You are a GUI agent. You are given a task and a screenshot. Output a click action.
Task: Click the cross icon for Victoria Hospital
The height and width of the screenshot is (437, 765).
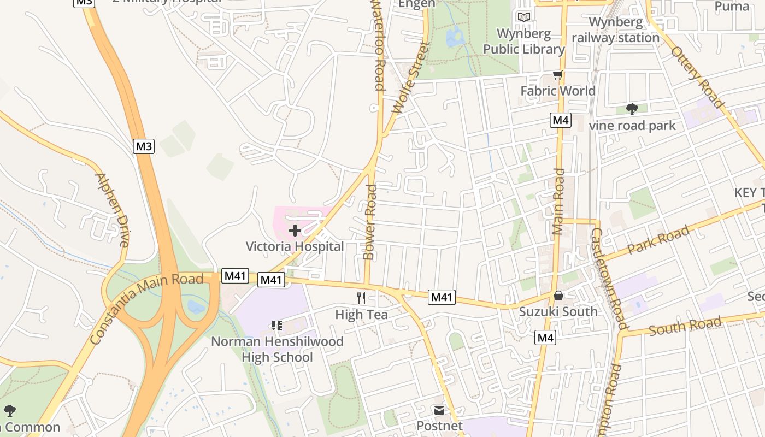(295, 231)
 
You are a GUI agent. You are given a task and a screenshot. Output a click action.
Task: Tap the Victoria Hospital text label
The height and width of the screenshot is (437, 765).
(295, 246)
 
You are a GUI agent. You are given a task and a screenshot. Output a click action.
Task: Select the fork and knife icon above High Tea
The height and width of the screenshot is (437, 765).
(361, 298)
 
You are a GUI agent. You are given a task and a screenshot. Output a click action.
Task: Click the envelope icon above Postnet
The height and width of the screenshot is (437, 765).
(439, 410)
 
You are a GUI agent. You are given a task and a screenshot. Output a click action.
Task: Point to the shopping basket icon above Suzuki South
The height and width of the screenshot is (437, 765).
(558, 296)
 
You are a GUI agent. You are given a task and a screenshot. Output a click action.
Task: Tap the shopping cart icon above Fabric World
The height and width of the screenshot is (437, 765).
(557, 75)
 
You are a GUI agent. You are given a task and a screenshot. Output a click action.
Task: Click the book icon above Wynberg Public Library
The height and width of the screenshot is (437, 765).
(524, 17)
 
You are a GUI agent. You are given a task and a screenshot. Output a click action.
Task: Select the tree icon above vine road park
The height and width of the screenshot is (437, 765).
(632, 109)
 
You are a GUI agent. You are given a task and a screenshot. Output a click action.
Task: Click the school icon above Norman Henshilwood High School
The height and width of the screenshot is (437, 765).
(277, 326)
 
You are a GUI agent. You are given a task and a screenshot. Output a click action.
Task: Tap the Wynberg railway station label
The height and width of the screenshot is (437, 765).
(616, 30)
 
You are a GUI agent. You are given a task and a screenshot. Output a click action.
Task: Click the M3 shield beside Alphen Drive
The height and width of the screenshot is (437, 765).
(144, 146)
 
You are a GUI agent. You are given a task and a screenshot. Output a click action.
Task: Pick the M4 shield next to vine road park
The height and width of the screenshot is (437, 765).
(561, 120)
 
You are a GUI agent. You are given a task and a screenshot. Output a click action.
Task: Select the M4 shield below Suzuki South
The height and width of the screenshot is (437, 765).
(545, 338)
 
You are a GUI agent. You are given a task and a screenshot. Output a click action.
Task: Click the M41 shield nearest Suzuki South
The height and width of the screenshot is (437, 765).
(442, 297)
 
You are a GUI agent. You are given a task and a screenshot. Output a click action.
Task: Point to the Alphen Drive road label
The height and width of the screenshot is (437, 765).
(112, 210)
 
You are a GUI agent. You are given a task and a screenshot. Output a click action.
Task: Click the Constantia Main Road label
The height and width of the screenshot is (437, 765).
(146, 309)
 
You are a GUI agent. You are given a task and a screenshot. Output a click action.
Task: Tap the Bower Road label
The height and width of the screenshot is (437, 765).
(370, 222)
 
